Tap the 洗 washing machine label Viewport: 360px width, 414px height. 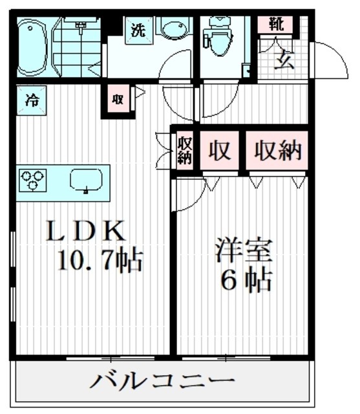tap(138, 30)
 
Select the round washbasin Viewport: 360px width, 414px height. tap(172, 31)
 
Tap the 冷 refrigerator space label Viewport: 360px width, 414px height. tap(30, 101)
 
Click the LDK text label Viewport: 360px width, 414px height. tap(83, 232)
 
